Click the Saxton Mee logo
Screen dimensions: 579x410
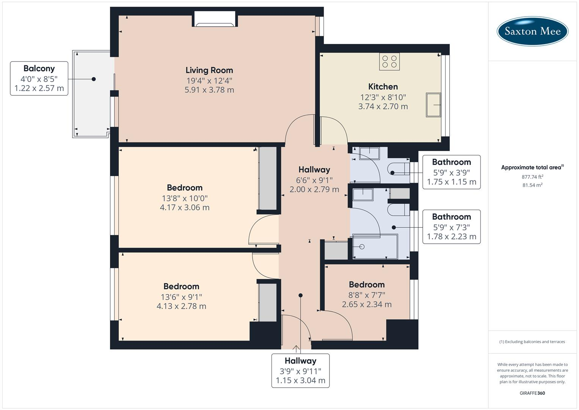tap(532, 31)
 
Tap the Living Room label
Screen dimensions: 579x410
tap(209, 70)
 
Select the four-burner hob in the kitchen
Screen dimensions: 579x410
tap(389, 61)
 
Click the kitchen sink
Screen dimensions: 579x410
tap(433, 105)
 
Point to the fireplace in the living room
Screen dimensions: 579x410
tap(215, 19)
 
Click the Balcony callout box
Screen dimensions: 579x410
tap(39, 79)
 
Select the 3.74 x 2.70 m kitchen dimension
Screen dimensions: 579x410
tap(383, 106)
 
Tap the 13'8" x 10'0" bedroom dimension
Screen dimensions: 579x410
tap(185, 198)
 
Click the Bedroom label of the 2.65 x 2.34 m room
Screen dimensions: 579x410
tap(367, 284)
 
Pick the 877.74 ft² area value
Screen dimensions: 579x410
tap(532, 177)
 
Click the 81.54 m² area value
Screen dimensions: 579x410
tap(532, 185)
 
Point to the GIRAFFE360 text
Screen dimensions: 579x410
tap(532, 393)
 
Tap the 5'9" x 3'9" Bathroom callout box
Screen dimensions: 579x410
tap(452, 172)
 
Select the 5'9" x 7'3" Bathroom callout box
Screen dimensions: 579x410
tap(452, 227)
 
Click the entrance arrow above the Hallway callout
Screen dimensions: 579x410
tap(296, 349)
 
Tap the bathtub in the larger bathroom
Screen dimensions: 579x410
tap(375, 247)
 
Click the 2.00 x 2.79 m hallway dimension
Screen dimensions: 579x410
tap(314, 189)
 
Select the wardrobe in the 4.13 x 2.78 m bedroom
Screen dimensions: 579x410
tap(268, 303)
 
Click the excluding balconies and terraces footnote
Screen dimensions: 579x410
tap(532, 342)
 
